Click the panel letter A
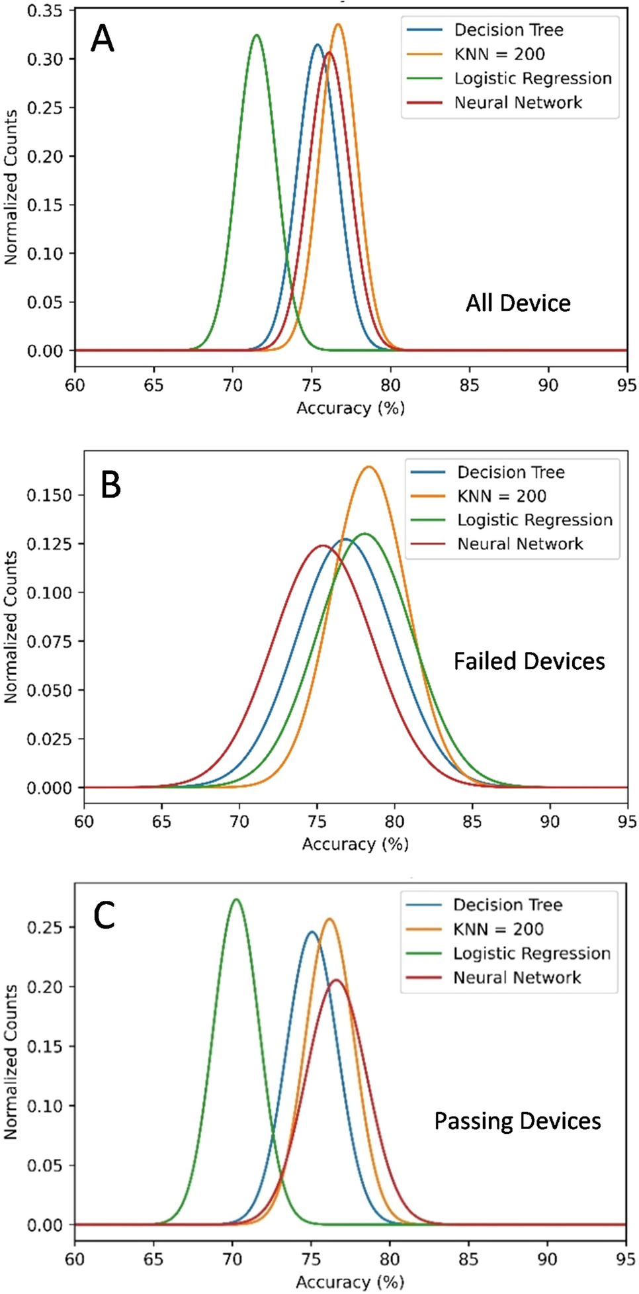click(103, 38)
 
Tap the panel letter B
click(110, 485)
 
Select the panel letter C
click(105, 916)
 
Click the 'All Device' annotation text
click(518, 303)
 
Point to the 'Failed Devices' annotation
click(529, 661)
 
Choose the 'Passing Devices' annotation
click(517, 1121)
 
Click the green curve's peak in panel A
click(257, 35)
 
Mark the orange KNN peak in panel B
click(369, 467)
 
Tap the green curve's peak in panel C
click(235, 900)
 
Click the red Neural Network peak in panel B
click(322, 546)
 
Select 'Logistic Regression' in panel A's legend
click(532, 79)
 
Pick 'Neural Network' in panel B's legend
click(520, 544)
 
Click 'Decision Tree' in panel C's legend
click(507, 905)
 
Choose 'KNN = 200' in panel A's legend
click(499, 54)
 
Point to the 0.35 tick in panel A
click(45, 11)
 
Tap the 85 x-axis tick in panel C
click(468, 1258)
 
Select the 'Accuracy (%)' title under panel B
click(355, 844)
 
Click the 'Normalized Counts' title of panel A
click(11, 187)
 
